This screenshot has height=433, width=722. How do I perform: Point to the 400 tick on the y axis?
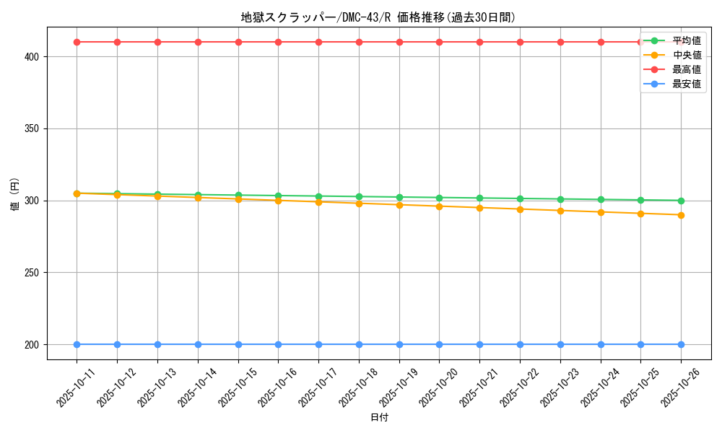pos(34,56)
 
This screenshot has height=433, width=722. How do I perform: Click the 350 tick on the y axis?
pos(34,128)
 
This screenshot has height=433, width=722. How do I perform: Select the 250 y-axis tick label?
pos(34,273)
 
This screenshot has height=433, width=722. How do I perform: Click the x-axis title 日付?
pos(379,418)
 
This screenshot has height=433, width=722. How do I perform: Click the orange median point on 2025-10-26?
pos(681,215)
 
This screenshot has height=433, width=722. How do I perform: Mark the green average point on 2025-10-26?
pos(681,201)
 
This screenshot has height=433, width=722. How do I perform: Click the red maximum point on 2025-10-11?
pos(77,42)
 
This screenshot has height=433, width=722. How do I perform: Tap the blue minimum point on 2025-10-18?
pos(359,344)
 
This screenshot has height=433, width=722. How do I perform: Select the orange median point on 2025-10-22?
pos(520,209)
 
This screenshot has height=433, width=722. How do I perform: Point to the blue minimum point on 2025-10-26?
pos(681,344)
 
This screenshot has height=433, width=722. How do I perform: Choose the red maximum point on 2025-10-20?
pos(439,42)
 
